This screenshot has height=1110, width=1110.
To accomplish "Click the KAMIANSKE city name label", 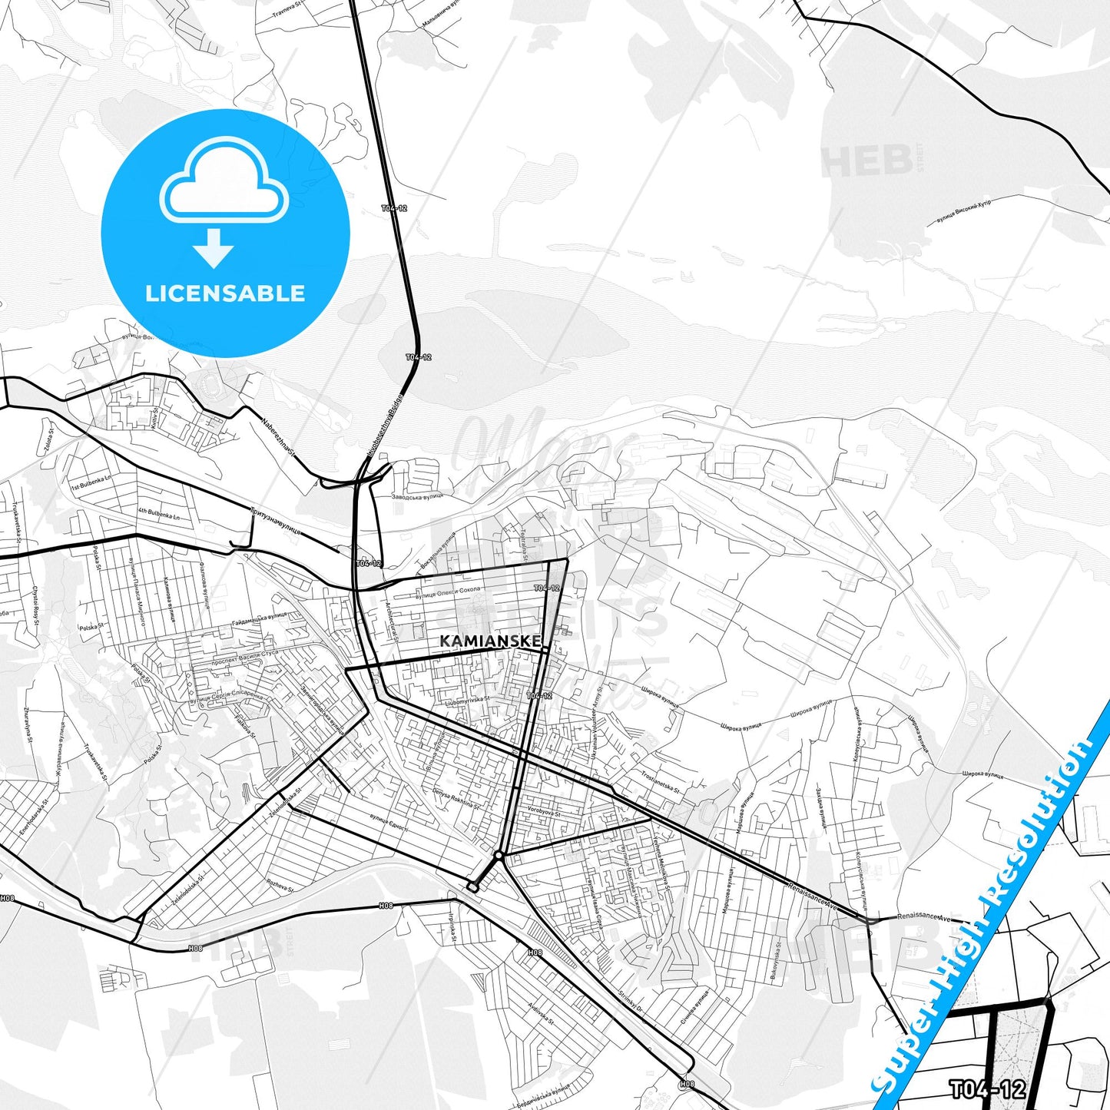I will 490,641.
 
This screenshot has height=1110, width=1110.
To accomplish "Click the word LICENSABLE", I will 225,293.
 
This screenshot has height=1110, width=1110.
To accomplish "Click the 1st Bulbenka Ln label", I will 91,482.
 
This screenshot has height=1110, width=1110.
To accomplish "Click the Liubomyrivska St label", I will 467,700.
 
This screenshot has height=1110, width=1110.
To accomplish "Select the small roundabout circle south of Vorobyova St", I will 499,854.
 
